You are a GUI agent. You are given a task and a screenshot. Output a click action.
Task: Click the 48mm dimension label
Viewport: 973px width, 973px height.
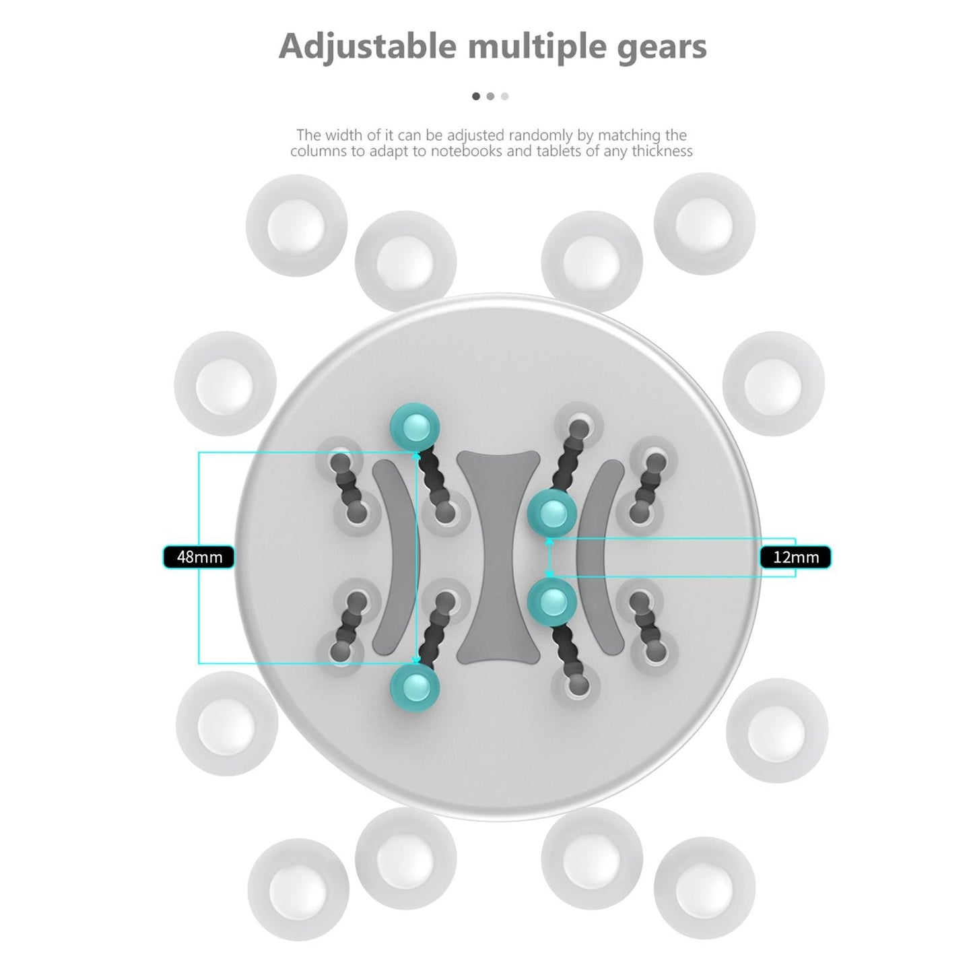coord(199,557)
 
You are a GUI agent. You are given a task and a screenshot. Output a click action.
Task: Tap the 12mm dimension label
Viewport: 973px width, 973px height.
coord(795,557)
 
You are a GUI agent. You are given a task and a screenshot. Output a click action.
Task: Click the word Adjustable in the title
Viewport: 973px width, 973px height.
coord(368,47)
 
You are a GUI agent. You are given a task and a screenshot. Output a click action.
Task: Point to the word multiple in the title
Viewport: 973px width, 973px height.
coord(537,47)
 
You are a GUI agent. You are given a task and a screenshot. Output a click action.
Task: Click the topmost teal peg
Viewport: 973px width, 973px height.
coord(415,427)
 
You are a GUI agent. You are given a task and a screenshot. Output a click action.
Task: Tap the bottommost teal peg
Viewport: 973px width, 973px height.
coord(415,688)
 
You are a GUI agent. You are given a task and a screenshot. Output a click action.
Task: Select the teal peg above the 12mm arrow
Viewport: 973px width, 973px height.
coord(552,514)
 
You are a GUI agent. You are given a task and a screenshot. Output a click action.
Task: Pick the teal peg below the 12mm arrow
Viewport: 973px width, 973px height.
coord(552,602)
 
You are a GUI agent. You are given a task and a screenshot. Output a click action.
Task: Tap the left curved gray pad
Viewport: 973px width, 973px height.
coord(395,558)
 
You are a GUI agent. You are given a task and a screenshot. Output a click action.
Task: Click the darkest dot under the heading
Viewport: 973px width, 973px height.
coord(476,96)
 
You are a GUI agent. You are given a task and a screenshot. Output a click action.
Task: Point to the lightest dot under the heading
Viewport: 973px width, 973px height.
coord(504,96)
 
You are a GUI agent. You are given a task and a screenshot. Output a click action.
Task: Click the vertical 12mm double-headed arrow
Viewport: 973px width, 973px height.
coord(550,557)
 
